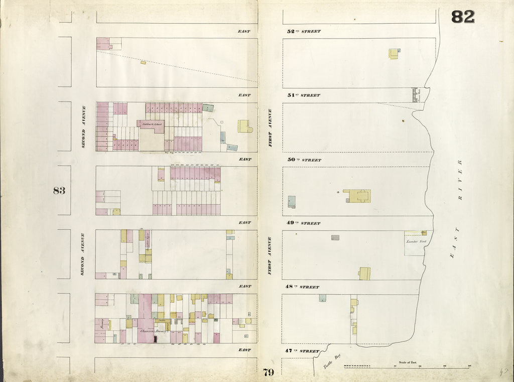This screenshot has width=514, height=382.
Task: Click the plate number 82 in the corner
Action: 462,17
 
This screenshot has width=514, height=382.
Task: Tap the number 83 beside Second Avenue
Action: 59,190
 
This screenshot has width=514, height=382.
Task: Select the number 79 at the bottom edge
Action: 268,372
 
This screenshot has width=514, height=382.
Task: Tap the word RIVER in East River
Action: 460,181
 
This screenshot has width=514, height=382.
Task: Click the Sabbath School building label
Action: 151,123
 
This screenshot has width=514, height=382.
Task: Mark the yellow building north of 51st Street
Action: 394,53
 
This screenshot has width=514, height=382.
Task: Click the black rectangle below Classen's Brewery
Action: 156,339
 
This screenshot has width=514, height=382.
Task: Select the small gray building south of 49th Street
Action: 335,237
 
